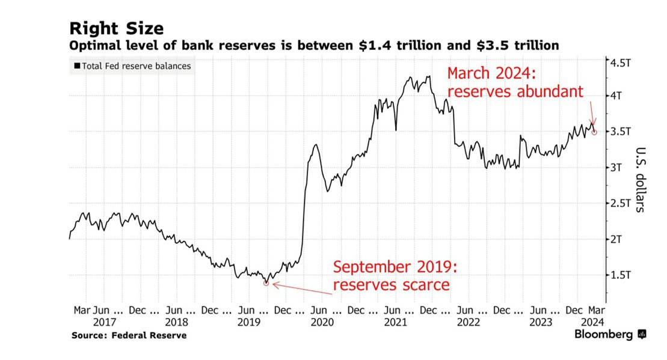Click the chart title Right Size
116,28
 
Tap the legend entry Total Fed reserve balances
132,66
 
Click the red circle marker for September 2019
266,282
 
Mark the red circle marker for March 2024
594,132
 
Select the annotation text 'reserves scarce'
391,284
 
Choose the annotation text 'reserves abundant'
515,91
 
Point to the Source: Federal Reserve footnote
129,335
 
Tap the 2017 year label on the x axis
105,323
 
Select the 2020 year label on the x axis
322,323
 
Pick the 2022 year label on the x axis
467,323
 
